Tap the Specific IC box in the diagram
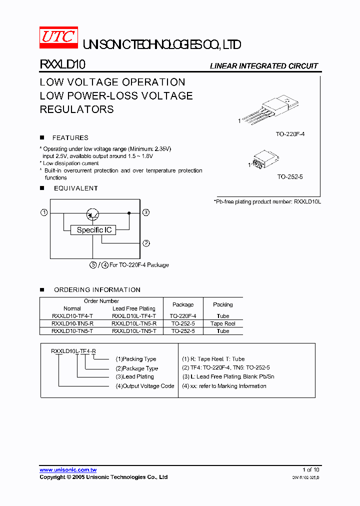click(93, 230)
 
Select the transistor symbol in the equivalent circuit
click(93, 214)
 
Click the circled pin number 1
click(44, 213)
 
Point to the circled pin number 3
click(146, 213)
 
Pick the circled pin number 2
click(146, 243)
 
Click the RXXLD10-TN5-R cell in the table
click(72, 323)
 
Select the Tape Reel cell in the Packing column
click(223, 323)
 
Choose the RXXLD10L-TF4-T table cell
click(134, 316)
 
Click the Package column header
click(183, 304)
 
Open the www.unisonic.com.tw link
click(68, 469)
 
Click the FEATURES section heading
click(70, 137)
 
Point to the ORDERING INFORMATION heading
click(97, 289)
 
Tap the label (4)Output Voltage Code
click(145, 386)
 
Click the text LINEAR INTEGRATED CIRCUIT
click(263, 66)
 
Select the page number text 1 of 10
click(310, 469)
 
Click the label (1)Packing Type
click(136, 359)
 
